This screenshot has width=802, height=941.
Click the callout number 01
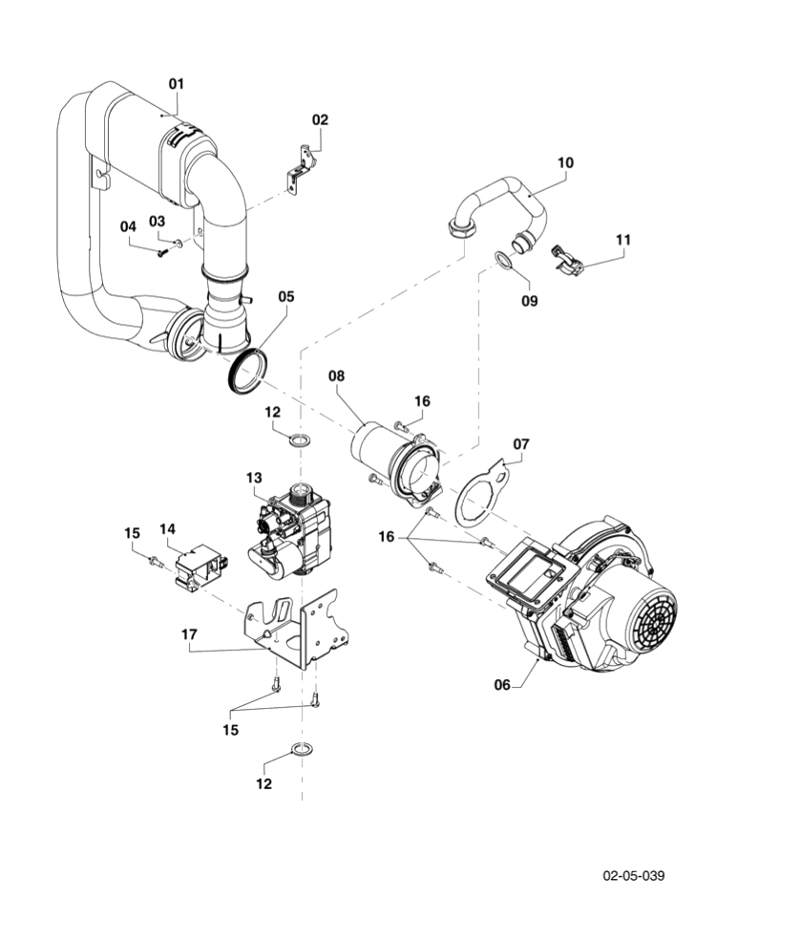click(176, 84)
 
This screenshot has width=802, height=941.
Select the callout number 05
click(286, 297)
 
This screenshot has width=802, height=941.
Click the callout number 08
click(335, 376)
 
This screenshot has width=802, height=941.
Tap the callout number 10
click(565, 162)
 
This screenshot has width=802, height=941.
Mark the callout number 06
click(502, 684)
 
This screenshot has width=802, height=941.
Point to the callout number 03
click(157, 222)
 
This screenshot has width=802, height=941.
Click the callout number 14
click(168, 528)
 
